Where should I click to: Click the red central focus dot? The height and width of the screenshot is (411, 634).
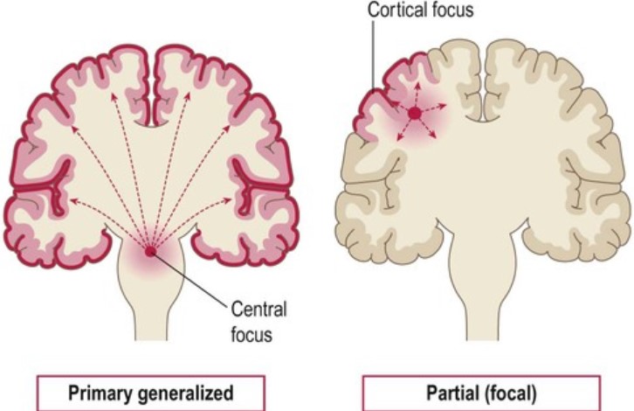click(150, 252)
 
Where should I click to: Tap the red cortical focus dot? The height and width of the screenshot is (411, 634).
click(415, 113)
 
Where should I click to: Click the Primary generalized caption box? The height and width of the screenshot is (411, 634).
click(142, 394)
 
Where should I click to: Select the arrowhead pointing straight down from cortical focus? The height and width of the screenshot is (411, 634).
click(415, 142)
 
